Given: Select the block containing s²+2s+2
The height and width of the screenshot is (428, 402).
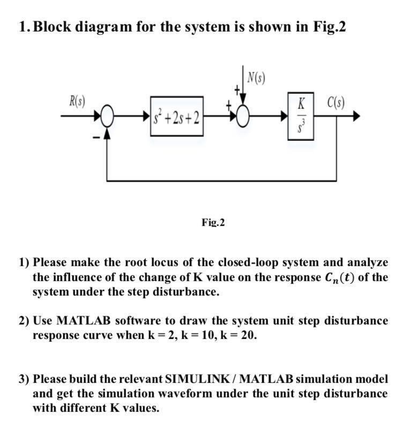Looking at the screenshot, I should click(177, 116).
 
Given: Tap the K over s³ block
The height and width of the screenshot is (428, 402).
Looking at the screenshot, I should click(301, 117).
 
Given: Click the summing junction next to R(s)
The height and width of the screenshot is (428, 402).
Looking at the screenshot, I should click(108, 116).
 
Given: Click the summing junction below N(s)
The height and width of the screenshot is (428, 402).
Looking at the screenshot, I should click(244, 116).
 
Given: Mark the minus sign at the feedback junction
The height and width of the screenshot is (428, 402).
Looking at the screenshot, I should click(97, 139).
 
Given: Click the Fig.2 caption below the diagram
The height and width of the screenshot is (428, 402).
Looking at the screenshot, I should click(213, 222).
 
